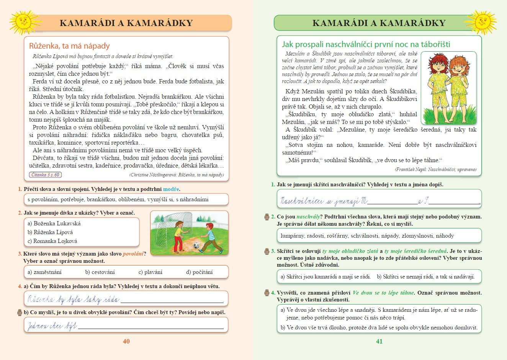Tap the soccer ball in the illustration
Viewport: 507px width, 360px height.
pos(196,245)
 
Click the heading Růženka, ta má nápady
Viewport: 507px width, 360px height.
pos(69,46)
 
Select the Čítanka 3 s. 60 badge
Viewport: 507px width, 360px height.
pos(45,175)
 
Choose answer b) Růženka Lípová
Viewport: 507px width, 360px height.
pos(50,232)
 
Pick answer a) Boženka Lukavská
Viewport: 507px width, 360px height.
pos(54,223)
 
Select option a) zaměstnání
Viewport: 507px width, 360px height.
pos(44,272)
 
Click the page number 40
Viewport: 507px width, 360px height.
pos(126,341)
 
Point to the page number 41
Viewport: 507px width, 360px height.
pos(379,341)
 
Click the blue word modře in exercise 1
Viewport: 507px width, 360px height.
pos(171,189)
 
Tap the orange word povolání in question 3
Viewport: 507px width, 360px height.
pos(133,254)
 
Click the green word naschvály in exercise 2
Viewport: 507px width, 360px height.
pos(308,217)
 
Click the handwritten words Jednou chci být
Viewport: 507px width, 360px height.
pos(52,326)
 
